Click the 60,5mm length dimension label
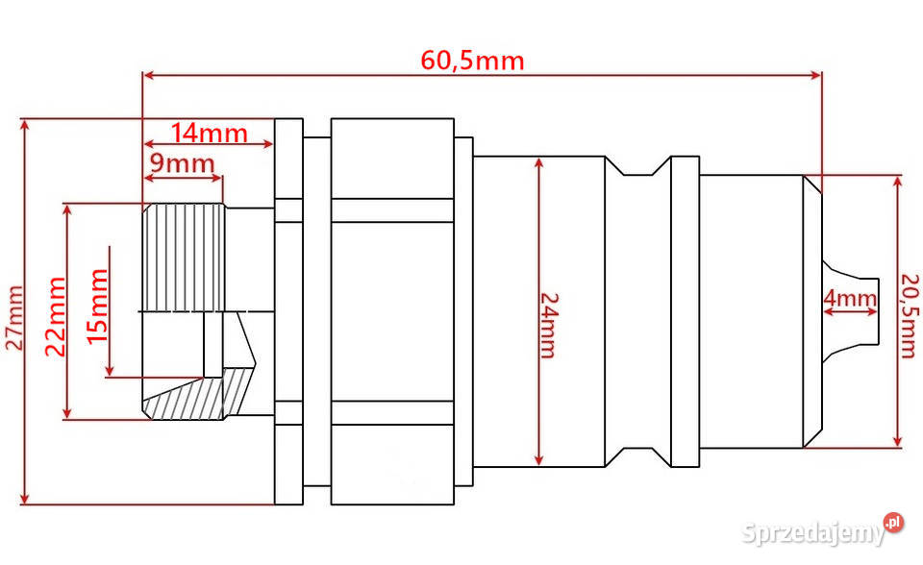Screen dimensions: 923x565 pos(472,61)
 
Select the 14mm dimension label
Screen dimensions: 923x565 pos(209,134)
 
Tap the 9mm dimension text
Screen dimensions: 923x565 pos(183,163)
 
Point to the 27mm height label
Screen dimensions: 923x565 pos(14,318)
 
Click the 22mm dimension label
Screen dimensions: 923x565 pos(56,317)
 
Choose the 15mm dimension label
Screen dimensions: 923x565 pos(97,306)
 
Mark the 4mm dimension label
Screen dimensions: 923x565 pos(850,298)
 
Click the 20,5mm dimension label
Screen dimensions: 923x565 pos(911,315)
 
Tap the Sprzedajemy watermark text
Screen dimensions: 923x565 pos(813,533)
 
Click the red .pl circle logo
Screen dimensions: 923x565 pos(893,522)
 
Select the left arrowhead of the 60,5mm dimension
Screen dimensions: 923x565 pos(149,75)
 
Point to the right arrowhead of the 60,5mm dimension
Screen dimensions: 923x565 pos(816,75)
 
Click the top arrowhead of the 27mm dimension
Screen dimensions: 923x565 pos(24,124)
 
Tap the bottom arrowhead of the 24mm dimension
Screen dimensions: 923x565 pos(539,460)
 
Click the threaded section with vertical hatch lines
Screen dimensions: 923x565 pos(184,258)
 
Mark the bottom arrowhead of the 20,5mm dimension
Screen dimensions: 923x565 pos(897,441)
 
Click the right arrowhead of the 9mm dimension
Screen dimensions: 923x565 pos(216,178)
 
